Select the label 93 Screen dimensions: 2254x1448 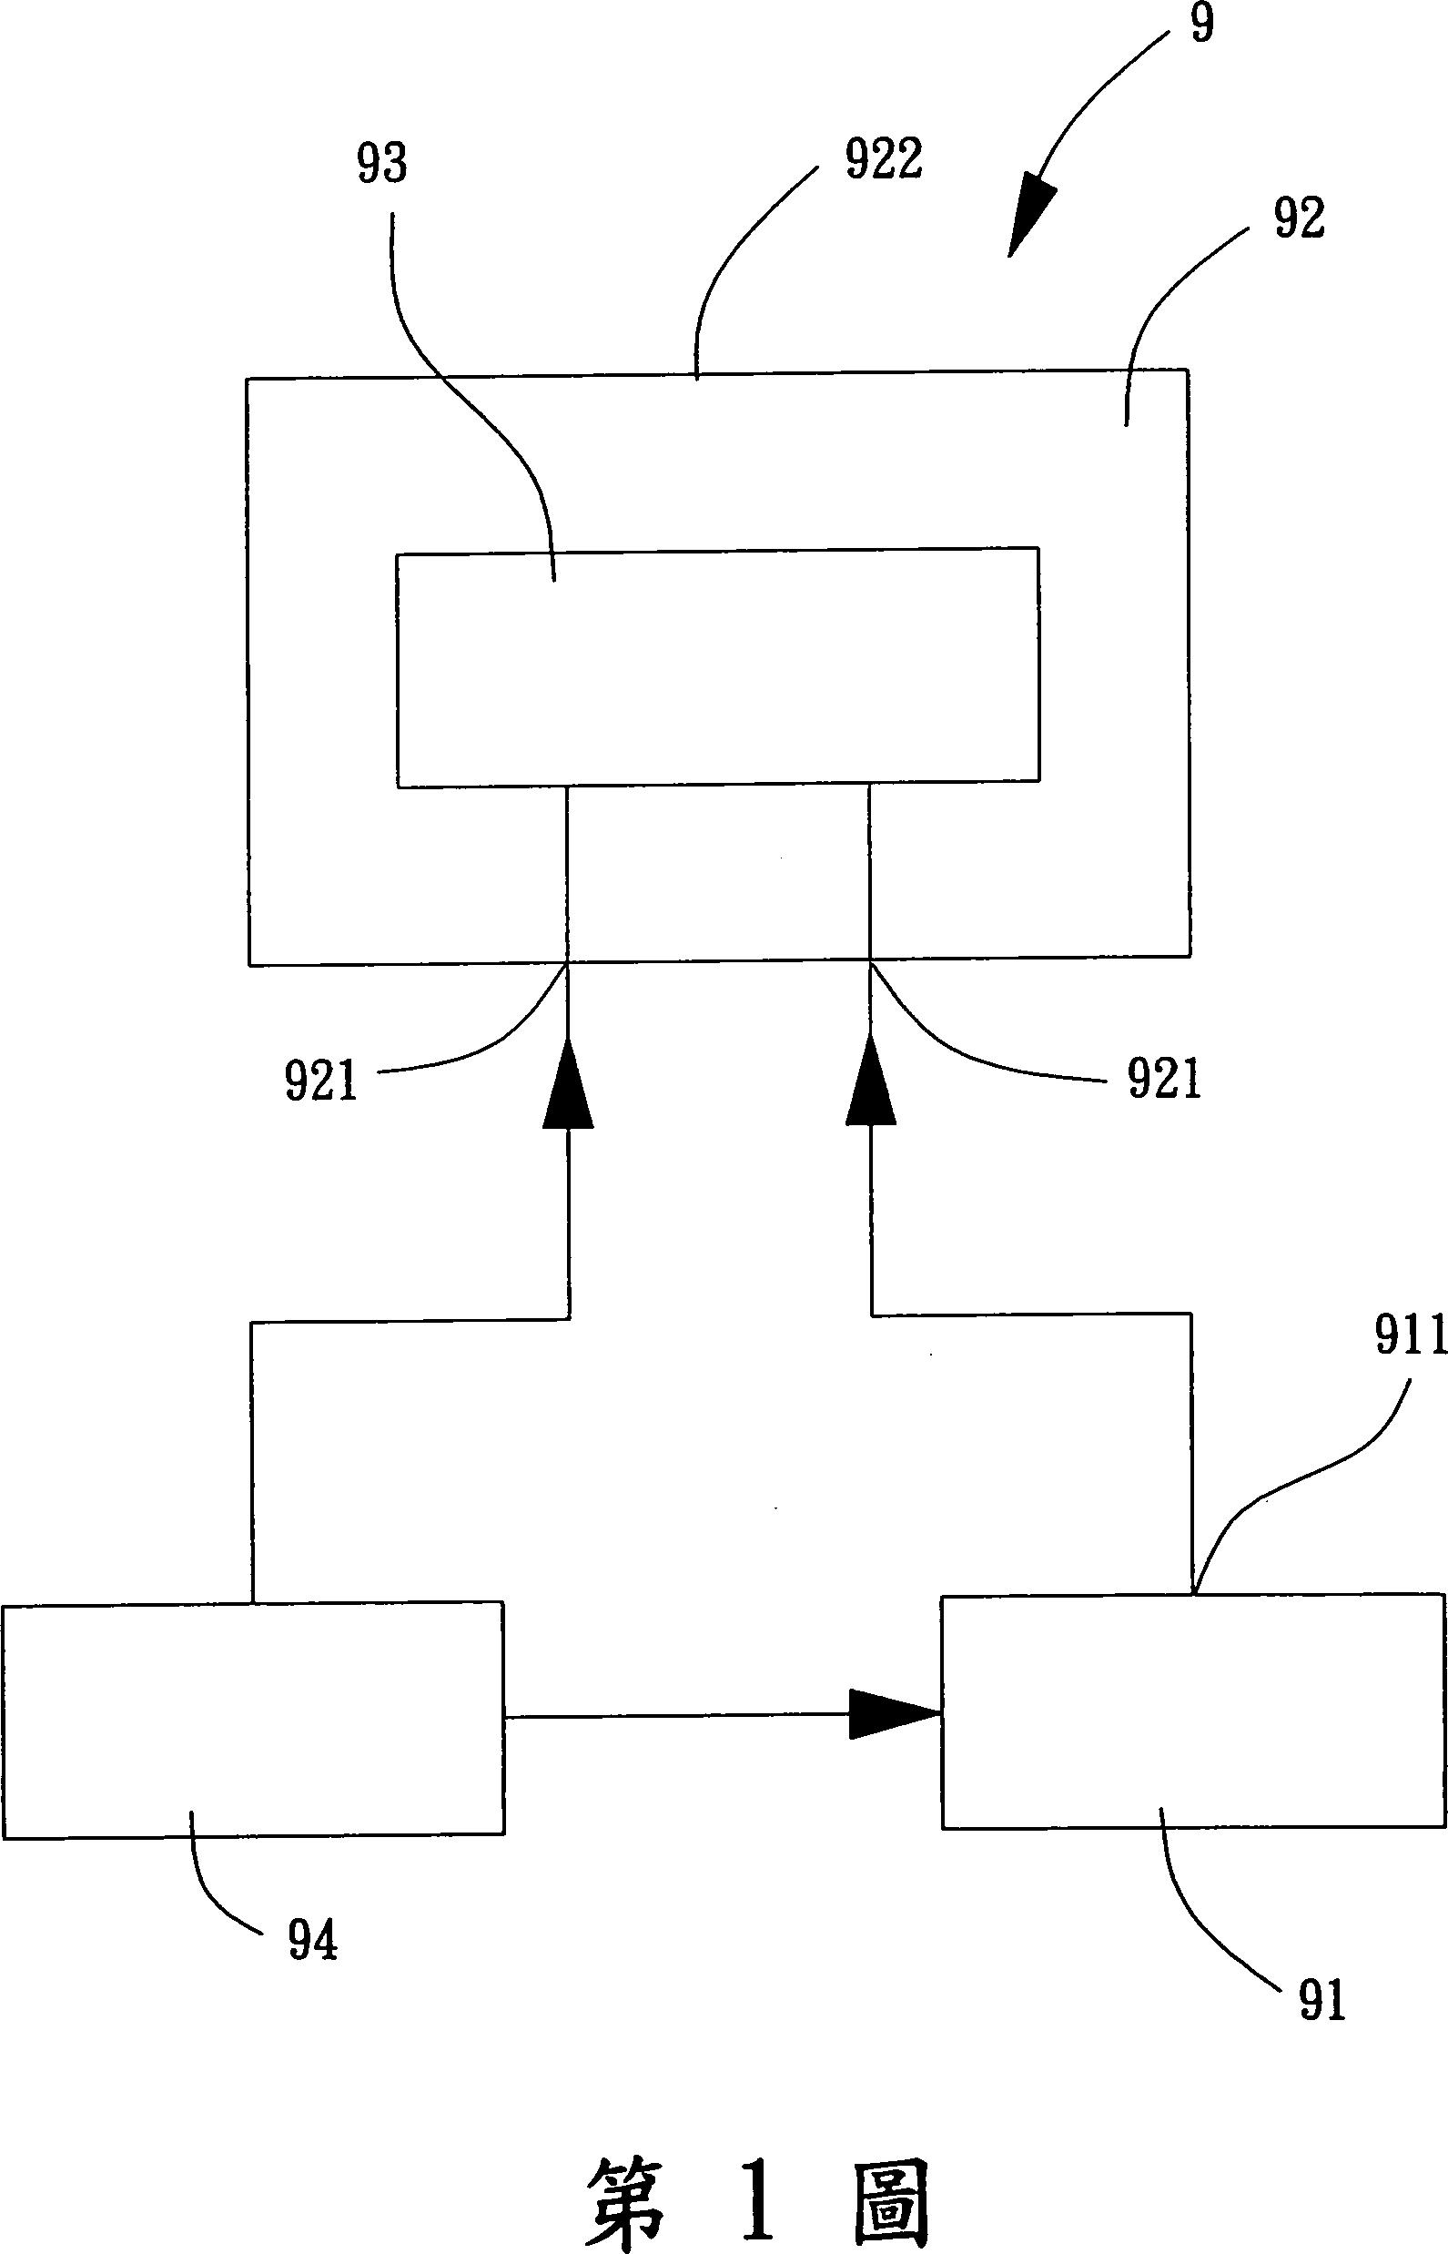click(x=381, y=164)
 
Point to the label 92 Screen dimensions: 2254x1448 click(x=1299, y=219)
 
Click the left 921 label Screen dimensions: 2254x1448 click(x=321, y=1081)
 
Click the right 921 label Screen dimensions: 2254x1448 click(x=1165, y=1081)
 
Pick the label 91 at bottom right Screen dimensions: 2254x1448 click(x=1322, y=2000)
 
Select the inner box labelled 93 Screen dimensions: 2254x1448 click(x=717, y=667)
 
